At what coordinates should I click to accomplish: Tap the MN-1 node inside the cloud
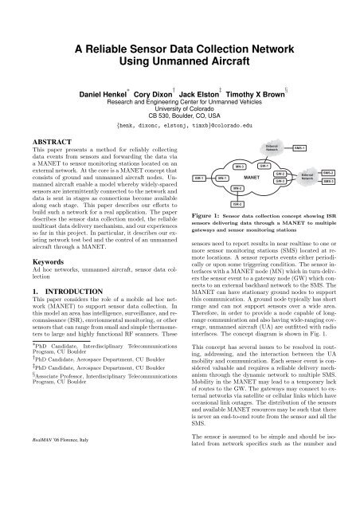221,178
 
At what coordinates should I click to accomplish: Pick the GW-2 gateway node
279,173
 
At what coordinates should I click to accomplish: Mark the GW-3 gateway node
279,181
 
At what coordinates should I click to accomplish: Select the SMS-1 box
300,148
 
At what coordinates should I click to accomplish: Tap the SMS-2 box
329,172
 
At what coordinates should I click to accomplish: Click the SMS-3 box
329,182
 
